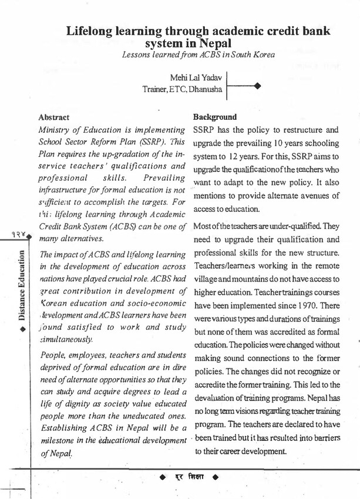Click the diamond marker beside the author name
257,86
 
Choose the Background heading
215,117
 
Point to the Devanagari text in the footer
187,477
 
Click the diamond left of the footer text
163,477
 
